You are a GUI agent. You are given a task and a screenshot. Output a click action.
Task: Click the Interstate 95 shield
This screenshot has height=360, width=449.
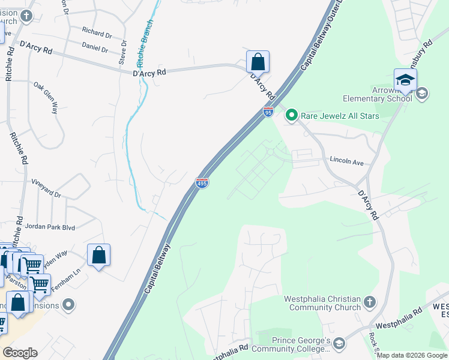click(268, 112)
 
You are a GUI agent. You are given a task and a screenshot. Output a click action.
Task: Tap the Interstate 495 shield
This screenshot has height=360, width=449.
click(202, 182)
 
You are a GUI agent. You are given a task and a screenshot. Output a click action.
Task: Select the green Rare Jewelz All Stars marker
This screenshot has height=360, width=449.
click(291, 115)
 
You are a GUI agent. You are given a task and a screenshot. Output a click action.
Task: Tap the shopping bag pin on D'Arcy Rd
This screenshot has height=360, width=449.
click(258, 62)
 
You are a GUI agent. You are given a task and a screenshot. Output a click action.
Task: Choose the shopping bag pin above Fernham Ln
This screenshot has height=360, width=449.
click(99, 255)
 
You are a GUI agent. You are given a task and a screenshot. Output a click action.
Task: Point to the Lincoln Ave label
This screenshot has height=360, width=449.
click(347, 161)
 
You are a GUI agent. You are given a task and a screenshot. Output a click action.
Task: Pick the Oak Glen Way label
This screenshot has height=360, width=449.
click(46, 98)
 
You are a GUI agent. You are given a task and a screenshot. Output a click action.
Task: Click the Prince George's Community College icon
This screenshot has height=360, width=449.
click(339, 343)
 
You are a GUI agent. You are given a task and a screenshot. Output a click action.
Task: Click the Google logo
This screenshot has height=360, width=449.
click(20, 353)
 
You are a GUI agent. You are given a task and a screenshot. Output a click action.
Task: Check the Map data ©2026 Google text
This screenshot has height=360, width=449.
click(412, 355)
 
